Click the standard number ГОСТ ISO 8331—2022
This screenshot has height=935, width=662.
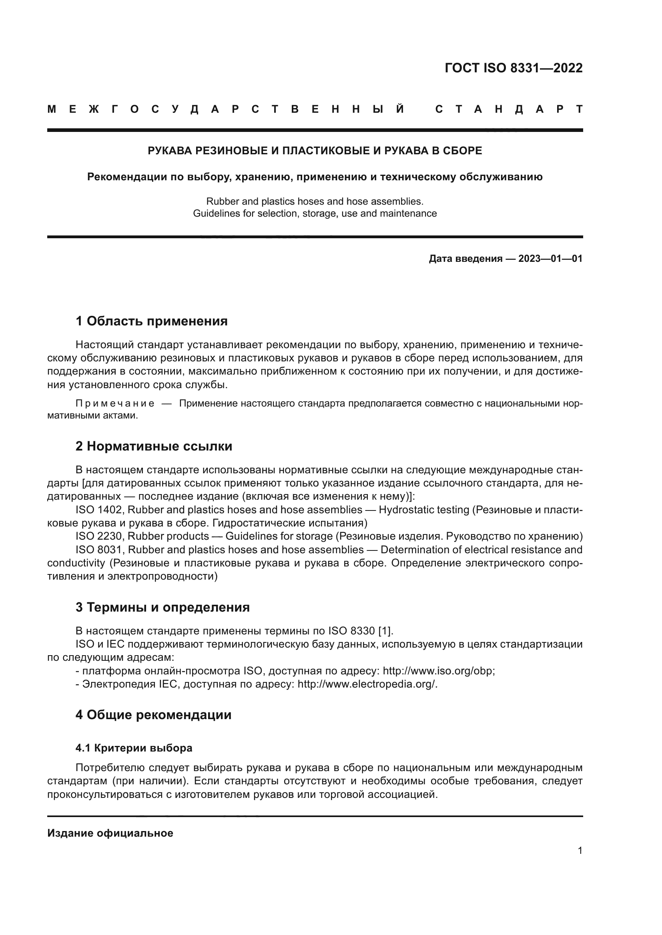tap(513, 68)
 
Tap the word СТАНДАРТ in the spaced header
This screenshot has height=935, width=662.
tap(509, 110)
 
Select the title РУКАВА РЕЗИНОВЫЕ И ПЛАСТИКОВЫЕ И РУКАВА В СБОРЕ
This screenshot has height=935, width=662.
tap(315, 151)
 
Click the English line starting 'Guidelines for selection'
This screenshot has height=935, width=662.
tap(315, 213)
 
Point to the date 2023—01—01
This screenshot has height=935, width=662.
tap(550, 259)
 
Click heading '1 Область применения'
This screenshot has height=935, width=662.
tap(151, 321)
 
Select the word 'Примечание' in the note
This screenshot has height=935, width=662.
tap(115, 404)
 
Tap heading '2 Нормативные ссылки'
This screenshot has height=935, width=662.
tap(154, 446)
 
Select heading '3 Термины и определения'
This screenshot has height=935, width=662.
tap(162, 607)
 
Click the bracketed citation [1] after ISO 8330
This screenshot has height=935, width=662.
tap(385, 631)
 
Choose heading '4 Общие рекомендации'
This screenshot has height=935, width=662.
tap(153, 715)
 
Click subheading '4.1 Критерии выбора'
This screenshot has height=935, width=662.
tap(134, 748)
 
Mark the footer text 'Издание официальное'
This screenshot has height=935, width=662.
tap(110, 833)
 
